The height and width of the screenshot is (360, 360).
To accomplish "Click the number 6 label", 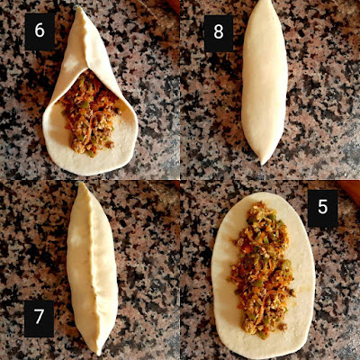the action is tap(40, 31).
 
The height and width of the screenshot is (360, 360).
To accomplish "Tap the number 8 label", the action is tap(219, 32).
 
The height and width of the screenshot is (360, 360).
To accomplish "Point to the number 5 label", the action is tap(323, 208).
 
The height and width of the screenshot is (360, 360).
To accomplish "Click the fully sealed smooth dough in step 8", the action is tap(265, 81).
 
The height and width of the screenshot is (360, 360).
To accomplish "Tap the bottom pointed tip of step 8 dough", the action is tap(263, 165).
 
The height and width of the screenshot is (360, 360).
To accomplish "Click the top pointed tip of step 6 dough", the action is tap(79, 8).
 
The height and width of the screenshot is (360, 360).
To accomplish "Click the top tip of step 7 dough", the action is tap(80, 184).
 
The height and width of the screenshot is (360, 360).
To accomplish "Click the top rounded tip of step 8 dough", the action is tap(263, 3).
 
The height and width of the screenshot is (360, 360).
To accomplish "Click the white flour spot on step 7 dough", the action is tap(75, 239).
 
